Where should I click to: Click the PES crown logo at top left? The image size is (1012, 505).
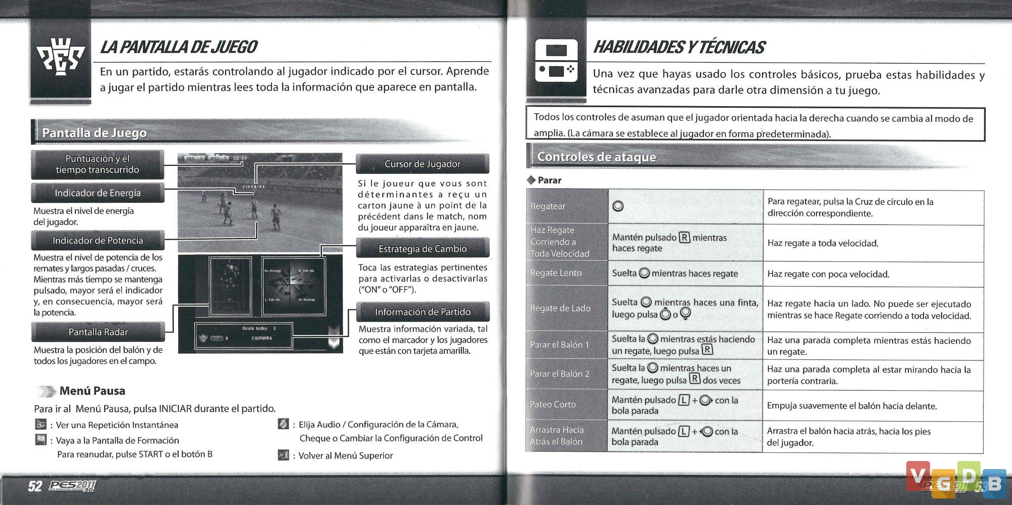(60, 57)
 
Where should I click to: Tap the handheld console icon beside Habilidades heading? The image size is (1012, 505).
(556, 61)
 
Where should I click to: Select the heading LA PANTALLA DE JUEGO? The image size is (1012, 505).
(179, 47)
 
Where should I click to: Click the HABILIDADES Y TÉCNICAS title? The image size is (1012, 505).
(679, 47)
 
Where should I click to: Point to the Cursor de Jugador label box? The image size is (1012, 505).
(423, 164)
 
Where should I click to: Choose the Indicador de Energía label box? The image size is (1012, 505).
(98, 193)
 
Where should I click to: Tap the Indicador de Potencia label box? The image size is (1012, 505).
(98, 241)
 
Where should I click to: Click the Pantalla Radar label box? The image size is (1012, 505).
(98, 332)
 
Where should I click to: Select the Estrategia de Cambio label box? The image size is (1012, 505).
(423, 249)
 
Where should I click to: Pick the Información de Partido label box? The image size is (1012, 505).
(423, 312)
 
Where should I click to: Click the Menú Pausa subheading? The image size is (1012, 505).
(92, 391)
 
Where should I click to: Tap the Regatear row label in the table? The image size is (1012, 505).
(548, 206)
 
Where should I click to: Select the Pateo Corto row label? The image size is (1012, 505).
(553, 404)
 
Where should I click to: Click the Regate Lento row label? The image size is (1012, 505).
(556, 273)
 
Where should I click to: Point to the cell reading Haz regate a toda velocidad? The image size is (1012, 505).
(823, 243)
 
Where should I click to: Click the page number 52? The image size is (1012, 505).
(35, 486)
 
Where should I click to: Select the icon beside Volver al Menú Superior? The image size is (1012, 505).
(283, 455)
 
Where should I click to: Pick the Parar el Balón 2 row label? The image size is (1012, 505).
(560, 374)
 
